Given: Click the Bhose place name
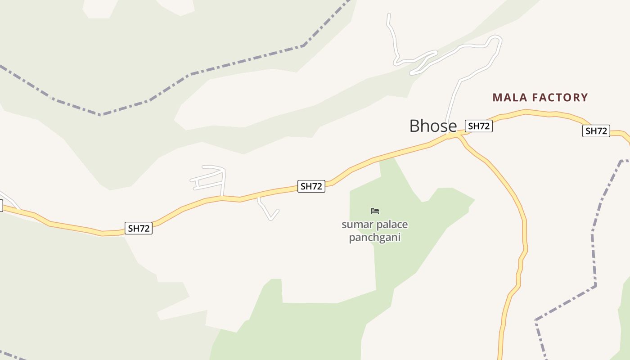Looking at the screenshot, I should pos(433,126).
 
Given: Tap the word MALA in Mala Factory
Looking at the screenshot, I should pos(510,98).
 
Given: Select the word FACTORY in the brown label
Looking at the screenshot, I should pos(560,98).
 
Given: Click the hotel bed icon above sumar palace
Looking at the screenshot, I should pos(375,211).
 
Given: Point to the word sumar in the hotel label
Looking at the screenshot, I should pos(355,224).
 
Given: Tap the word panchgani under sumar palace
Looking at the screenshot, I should pos(374,237).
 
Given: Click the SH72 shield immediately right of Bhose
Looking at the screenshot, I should pos(478,126).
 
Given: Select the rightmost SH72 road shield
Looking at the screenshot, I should pos(596,131).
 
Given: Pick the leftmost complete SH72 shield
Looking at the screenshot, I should pos(138,228).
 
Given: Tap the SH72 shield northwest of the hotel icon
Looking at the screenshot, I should pos(311,186).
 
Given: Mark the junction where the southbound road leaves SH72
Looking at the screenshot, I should pos(458,135).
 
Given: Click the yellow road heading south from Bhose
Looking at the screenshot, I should pos(522,216).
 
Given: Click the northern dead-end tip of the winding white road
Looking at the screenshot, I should pos(389,15).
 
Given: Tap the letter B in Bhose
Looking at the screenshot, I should pos(414,126).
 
